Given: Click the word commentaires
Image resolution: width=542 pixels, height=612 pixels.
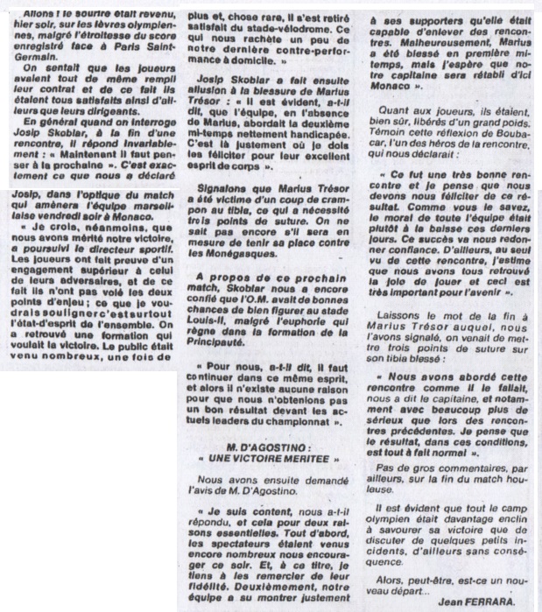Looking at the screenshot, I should pyautogui.click(x=471, y=480).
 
